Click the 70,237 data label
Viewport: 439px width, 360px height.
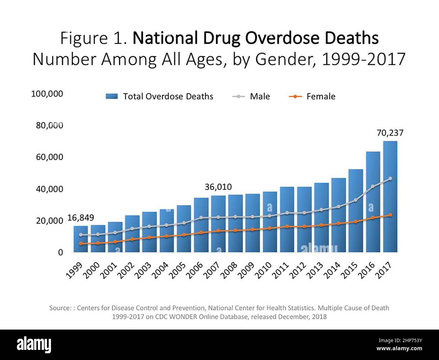[390, 133]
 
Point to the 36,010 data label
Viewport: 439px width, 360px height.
[218, 187]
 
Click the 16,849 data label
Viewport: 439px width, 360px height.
[81, 218]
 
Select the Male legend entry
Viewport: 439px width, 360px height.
[252, 96]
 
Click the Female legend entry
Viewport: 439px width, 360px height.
[312, 96]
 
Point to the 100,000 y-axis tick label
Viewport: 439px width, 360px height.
[47, 94]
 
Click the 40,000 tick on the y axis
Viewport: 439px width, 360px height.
[49, 189]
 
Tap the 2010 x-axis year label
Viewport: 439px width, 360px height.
[264, 270]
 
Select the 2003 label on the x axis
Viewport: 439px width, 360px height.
[143, 270]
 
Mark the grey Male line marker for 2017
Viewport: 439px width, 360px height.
[390, 178]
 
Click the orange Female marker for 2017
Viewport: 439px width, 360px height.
[390, 215]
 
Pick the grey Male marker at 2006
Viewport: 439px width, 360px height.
[201, 218]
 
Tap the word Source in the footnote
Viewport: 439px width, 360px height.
[60, 308]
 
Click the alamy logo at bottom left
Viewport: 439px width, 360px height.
[34, 345]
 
